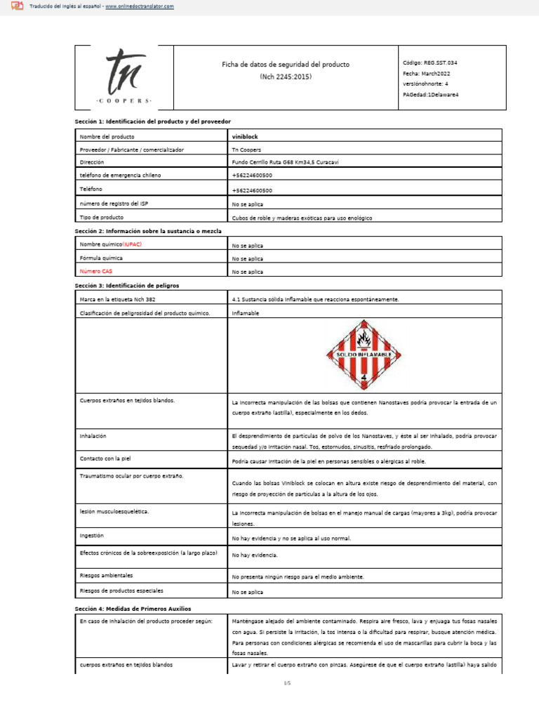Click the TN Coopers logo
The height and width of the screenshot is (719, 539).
coord(123,78)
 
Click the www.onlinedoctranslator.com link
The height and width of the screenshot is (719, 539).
coord(140,6)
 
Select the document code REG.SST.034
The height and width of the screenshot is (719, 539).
coord(441,62)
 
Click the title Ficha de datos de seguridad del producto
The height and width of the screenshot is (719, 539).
coord(286,65)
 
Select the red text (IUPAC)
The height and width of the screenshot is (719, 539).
coord(137,244)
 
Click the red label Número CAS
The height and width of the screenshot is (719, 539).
coord(95,270)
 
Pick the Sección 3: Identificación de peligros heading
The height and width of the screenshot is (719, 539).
coord(127,286)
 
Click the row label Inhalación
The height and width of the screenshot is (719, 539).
coord(93,436)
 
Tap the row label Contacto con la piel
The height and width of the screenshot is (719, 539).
coord(106,459)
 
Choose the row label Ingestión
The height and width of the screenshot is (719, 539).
coord(92,535)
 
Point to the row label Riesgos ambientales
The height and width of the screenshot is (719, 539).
coord(107,574)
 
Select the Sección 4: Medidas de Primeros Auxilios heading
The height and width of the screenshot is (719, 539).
coord(133,607)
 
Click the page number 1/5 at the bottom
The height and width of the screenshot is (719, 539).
coord(286,682)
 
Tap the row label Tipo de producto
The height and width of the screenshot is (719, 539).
coord(102,217)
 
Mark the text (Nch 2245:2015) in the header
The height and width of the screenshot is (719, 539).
coord(286,77)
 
